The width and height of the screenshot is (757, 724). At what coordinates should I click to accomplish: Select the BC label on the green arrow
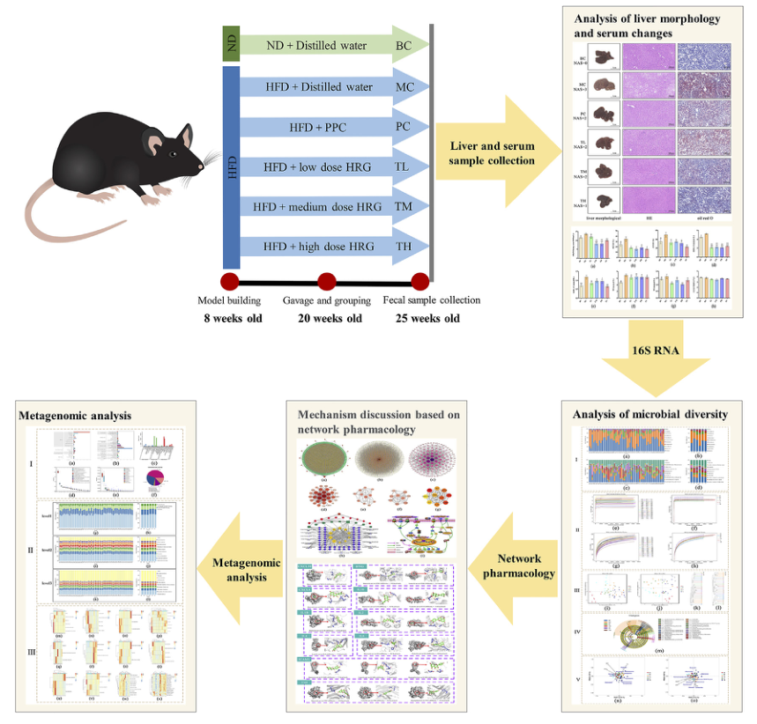click(x=404, y=43)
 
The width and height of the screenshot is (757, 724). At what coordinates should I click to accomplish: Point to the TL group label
click(x=404, y=166)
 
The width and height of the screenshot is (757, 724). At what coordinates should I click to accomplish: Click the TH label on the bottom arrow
click(x=404, y=247)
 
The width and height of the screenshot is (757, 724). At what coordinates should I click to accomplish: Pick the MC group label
click(x=404, y=87)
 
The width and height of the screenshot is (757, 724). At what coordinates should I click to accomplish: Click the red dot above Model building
click(x=231, y=282)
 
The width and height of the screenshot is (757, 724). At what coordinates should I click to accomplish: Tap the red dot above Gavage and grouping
click(x=327, y=282)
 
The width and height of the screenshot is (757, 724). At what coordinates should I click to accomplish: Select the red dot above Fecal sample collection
click(x=420, y=282)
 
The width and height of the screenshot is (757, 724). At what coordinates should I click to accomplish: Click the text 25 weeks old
click(x=422, y=318)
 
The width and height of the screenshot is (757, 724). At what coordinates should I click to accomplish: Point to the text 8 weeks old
click(x=230, y=318)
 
